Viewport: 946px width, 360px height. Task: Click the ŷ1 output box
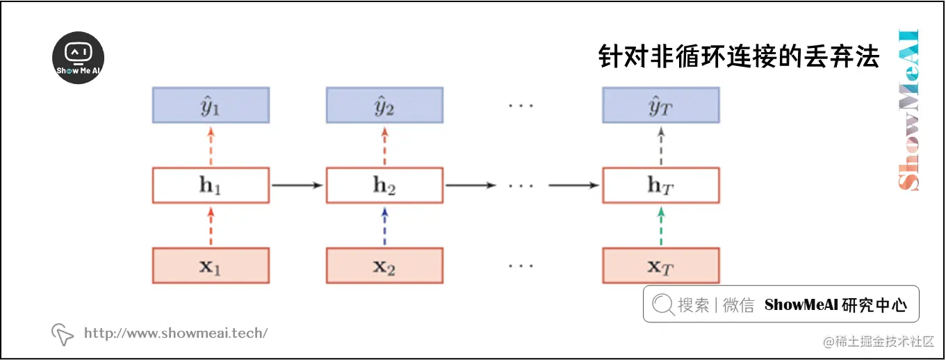pos(211,105)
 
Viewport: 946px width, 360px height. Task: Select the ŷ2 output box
pos(384,105)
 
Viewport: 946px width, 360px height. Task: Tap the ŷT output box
pos(660,105)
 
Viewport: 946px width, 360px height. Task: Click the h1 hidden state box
pos(211,186)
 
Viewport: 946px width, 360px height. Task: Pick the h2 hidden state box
pos(384,186)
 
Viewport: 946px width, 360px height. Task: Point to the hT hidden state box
pos(660,186)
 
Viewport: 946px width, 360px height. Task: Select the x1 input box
pos(211,265)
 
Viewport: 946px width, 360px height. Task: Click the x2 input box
pos(384,265)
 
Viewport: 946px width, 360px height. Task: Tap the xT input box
pos(660,265)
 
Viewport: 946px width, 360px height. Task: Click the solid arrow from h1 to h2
pos(297,186)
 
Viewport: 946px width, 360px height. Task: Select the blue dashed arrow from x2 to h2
pos(384,226)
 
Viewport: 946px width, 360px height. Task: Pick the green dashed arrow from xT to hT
pos(660,226)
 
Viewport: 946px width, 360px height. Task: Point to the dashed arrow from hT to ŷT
pos(660,145)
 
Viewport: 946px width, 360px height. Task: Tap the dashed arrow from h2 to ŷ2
pos(384,145)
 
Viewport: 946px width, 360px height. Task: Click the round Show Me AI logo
pos(79,58)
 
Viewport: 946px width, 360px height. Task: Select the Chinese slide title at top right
pos(739,56)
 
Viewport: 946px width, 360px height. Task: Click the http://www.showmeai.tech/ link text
pos(175,334)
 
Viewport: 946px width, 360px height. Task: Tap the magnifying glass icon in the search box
pos(662,304)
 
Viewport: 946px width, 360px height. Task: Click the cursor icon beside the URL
pos(63,334)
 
